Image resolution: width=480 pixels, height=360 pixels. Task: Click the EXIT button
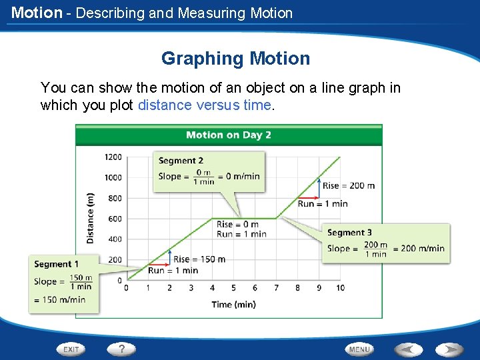pyautogui.click(x=71, y=349)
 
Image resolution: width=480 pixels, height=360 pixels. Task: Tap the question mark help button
pyautogui.click(x=122, y=349)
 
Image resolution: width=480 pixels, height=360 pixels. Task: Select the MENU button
pyautogui.click(x=359, y=349)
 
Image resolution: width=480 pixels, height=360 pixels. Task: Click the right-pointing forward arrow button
pyautogui.click(x=450, y=349)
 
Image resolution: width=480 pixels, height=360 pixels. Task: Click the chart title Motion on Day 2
pyautogui.click(x=228, y=135)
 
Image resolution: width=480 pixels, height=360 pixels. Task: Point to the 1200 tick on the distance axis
pyautogui.click(x=113, y=157)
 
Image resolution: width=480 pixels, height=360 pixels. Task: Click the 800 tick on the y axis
pyautogui.click(x=115, y=198)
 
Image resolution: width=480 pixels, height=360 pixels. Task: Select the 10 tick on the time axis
pyautogui.click(x=340, y=288)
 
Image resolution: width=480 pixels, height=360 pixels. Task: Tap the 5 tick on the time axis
pyautogui.click(x=233, y=288)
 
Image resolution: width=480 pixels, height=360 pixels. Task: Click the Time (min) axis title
pyautogui.click(x=233, y=305)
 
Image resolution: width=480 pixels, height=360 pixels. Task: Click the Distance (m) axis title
pyautogui.click(x=91, y=217)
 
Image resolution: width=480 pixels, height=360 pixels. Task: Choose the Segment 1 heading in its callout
pyautogui.click(x=57, y=264)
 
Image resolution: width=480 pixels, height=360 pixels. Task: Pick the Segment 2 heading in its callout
pyautogui.click(x=181, y=161)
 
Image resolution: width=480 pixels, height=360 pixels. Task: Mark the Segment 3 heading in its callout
pyautogui.click(x=350, y=233)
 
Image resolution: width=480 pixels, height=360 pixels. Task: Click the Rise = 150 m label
pyautogui.click(x=199, y=259)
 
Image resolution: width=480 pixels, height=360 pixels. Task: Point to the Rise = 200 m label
pyautogui.click(x=348, y=185)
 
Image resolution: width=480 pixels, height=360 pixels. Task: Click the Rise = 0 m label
pyautogui.click(x=237, y=224)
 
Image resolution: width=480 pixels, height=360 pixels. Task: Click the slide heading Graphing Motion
pyautogui.click(x=235, y=59)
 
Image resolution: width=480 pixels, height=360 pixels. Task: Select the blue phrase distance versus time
pyautogui.click(x=204, y=105)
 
